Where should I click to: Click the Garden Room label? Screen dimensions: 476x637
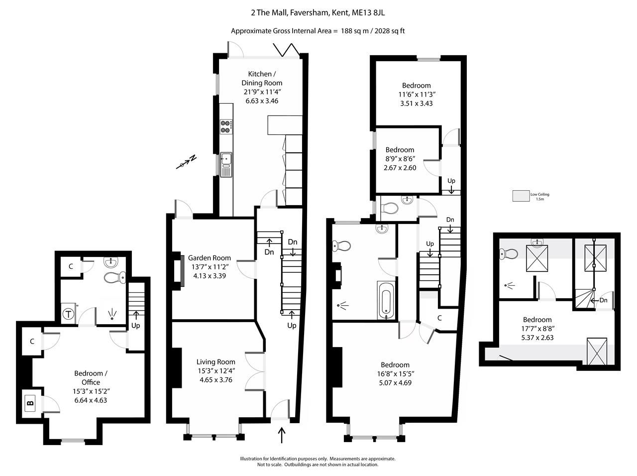(209, 258)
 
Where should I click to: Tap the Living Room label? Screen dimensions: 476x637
(215, 362)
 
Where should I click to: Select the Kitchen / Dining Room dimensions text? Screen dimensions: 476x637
(262, 96)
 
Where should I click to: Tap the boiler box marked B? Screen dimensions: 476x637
(30, 402)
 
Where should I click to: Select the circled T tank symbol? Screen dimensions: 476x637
(68, 314)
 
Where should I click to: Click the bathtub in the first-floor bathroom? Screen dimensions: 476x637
(386, 300)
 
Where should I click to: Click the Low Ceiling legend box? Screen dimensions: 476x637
(521, 196)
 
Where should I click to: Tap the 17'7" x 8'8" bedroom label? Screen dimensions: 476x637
(537, 329)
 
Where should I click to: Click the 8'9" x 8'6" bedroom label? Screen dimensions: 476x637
(400, 159)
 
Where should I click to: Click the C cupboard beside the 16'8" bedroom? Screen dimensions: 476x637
(439, 318)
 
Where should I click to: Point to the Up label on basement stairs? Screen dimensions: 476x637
(135, 326)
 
